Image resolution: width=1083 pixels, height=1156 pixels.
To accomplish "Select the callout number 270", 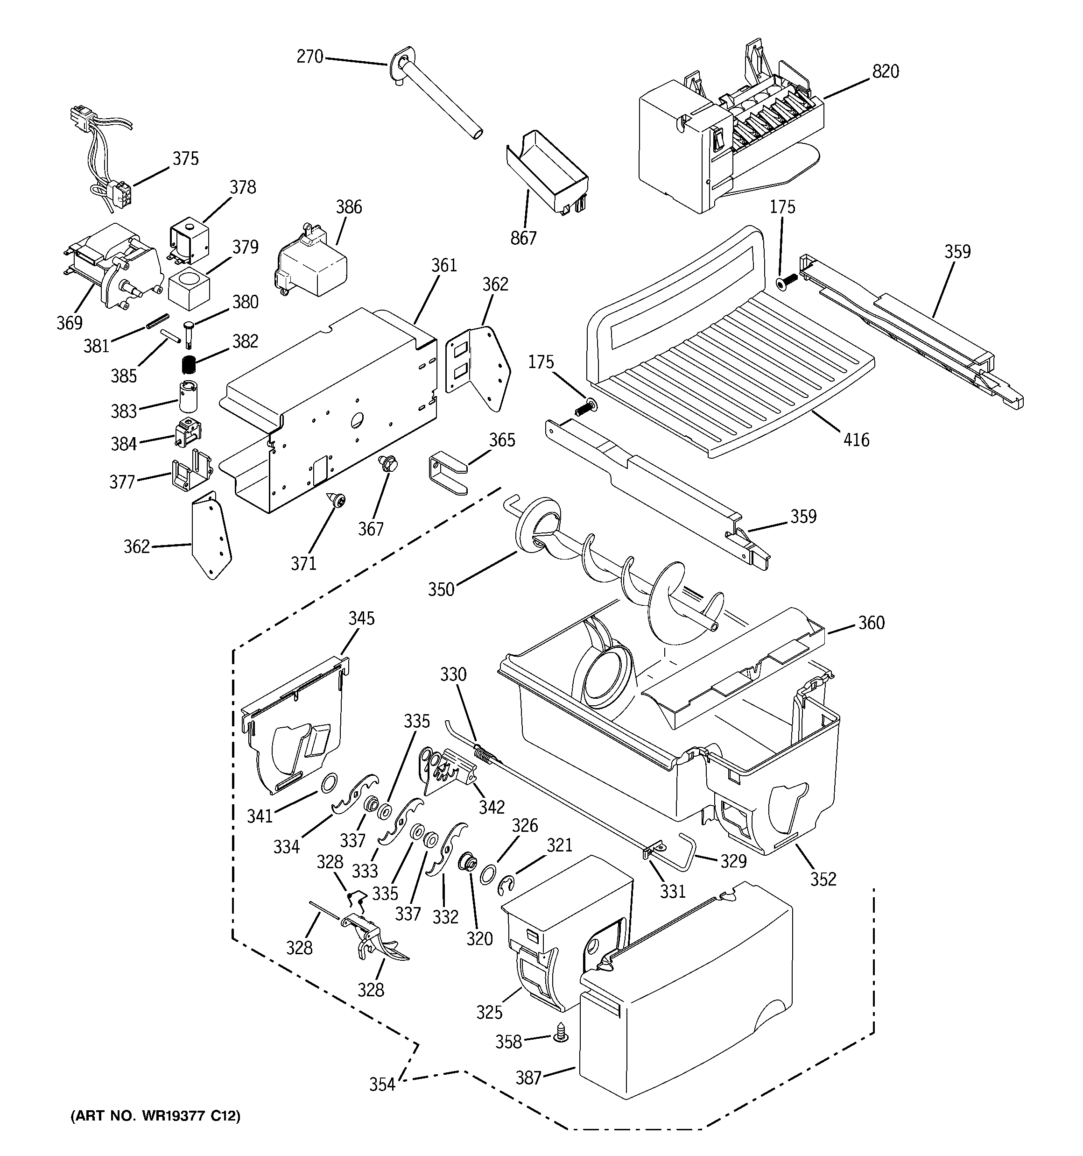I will pyautogui.click(x=309, y=57).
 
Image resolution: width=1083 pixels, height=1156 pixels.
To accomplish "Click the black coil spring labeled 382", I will pyautogui.click(x=187, y=365).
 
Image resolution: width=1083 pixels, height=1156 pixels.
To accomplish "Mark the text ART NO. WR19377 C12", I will pyautogui.click(x=155, y=1115).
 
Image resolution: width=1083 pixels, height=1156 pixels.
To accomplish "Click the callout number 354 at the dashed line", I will pyautogui.click(x=382, y=1084).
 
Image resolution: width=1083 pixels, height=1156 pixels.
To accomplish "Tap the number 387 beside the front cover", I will pyautogui.click(x=528, y=1078).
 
